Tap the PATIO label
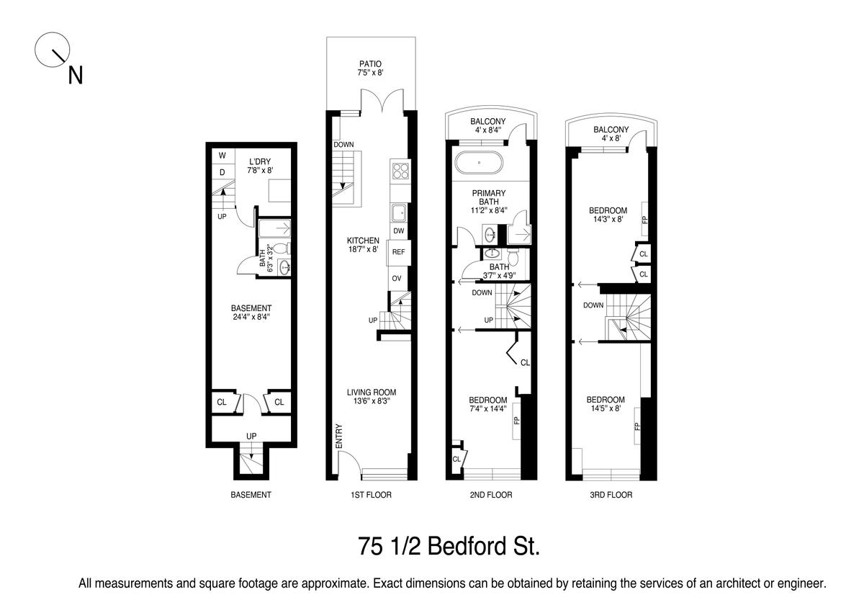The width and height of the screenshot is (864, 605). (x=370, y=63)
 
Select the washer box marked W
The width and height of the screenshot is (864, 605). (x=222, y=156)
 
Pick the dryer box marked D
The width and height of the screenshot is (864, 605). (x=222, y=172)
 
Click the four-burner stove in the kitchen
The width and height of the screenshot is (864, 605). (x=400, y=171)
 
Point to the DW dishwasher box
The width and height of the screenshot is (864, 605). (x=399, y=230)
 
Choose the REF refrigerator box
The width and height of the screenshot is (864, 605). (x=398, y=252)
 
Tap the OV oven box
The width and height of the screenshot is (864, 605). (x=397, y=278)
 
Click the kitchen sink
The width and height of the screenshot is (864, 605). (x=400, y=212)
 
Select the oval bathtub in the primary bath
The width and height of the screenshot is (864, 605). (x=479, y=163)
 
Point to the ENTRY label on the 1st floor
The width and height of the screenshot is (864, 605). (x=339, y=436)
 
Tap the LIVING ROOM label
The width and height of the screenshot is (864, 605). (x=372, y=392)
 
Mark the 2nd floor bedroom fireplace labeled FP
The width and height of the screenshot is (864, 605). (x=516, y=420)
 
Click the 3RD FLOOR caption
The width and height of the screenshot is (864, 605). (x=611, y=495)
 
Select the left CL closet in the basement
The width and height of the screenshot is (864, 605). (x=223, y=402)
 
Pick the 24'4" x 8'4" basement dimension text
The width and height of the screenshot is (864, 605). (x=251, y=317)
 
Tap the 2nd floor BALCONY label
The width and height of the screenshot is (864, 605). (x=488, y=121)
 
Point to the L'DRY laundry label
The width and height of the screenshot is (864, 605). (x=260, y=161)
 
